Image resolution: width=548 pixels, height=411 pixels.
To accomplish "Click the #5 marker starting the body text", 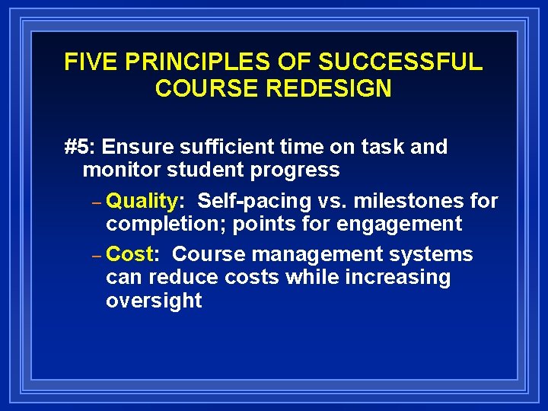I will tap(79, 146).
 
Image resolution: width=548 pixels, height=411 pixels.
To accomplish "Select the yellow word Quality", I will tap(142, 201).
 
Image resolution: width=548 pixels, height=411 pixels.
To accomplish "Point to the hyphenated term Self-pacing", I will tap(254, 201).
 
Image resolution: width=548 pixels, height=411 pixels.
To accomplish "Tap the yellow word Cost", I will tap(130, 254).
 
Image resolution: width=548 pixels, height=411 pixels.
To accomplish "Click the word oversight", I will tap(154, 301).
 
